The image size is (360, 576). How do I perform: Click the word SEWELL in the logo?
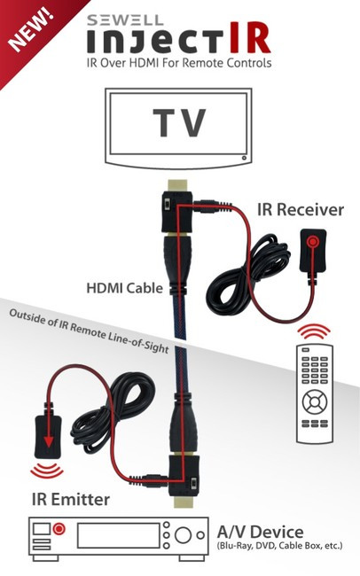(125, 19)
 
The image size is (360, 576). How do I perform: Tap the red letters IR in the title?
(250, 39)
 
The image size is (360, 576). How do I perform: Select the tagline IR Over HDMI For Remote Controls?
(179, 63)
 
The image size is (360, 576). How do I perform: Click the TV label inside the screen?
(179, 122)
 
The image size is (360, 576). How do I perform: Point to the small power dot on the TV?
(244, 158)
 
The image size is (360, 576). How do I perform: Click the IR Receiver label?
(301, 209)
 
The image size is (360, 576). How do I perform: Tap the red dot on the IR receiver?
(313, 242)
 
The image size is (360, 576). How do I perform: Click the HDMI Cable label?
(125, 288)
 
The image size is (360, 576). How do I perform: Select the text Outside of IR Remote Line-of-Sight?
(89, 331)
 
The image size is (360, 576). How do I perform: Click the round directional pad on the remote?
(315, 402)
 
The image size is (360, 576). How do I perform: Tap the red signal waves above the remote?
(314, 331)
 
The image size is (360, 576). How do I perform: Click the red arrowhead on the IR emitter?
(47, 440)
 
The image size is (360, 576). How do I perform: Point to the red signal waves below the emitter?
(46, 471)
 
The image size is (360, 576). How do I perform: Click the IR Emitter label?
(71, 500)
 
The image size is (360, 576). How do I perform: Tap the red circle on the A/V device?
(59, 529)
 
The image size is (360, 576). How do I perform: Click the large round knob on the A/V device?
(183, 535)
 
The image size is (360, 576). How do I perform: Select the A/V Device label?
(261, 532)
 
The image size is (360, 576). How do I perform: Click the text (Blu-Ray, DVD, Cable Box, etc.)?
(280, 546)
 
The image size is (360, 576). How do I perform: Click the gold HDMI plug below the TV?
(178, 185)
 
